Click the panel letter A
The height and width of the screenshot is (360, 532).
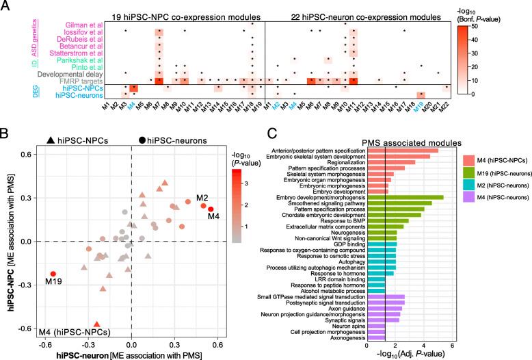pos(6,6)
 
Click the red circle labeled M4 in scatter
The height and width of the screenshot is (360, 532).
pos(211,209)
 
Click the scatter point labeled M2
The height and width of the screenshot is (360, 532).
pos(203,205)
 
